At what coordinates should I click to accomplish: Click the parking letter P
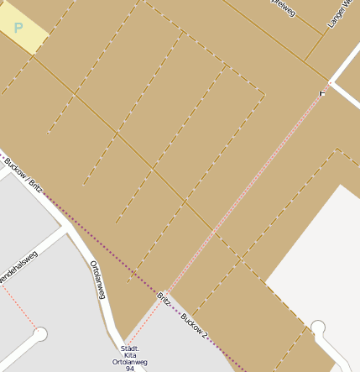[x=18, y=28]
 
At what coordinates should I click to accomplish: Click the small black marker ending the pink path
[x=322, y=92]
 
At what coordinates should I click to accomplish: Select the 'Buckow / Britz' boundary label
[x=22, y=171]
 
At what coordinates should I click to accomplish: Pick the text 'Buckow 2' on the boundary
[x=194, y=322]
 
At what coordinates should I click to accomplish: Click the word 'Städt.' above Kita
[x=129, y=348]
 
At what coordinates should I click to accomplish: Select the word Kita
[x=129, y=355]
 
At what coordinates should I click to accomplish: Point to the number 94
[x=129, y=369]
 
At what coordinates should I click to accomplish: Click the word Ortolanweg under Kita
[x=129, y=362]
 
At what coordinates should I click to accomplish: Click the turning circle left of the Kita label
[x=39, y=333]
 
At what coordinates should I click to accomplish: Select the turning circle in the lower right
[x=318, y=327]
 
